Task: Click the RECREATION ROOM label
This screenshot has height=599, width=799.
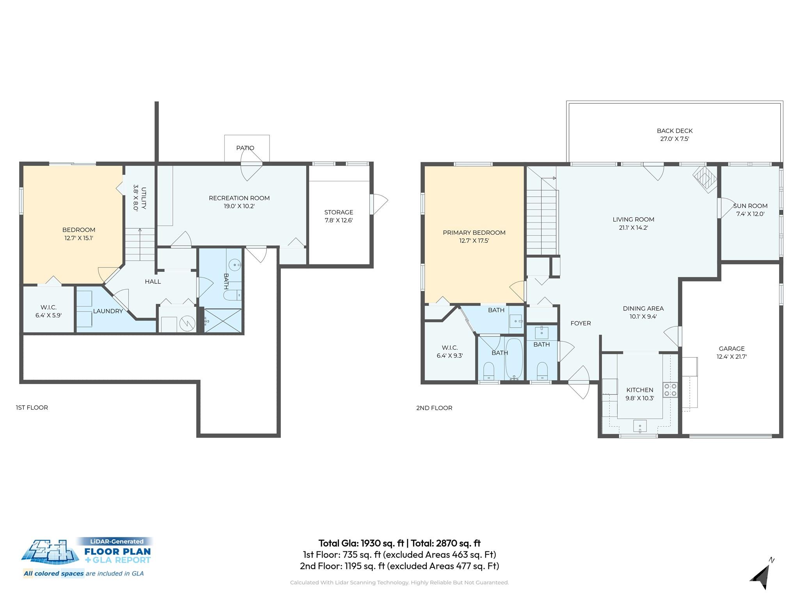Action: tap(239, 198)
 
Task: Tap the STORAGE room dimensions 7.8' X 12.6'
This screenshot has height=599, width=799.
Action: tap(339, 220)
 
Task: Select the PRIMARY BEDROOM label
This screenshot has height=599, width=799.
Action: tap(474, 232)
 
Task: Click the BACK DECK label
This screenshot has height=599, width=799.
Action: tap(675, 131)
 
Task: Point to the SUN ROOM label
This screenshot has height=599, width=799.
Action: tap(750, 206)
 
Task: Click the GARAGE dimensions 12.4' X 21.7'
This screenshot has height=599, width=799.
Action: tap(732, 356)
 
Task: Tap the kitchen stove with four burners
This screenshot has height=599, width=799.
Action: tap(670, 390)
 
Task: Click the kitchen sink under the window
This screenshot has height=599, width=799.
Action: tap(640, 426)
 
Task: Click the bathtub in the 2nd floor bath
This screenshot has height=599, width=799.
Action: tap(514, 358)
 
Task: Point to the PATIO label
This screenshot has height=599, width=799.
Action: tap(245, 148)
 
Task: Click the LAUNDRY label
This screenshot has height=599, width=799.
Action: tap(108, 311)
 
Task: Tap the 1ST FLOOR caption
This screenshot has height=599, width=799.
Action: tap(32, 408)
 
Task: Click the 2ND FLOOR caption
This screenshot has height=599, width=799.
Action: tap(434, 408)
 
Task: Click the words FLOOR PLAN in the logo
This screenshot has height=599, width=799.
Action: tap(117, 551)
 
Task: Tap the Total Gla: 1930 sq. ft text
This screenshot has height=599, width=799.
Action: tap(360, 543)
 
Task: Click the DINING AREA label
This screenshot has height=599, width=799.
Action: tap(643, 308)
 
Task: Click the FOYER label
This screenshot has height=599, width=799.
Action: tap(581, 323)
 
